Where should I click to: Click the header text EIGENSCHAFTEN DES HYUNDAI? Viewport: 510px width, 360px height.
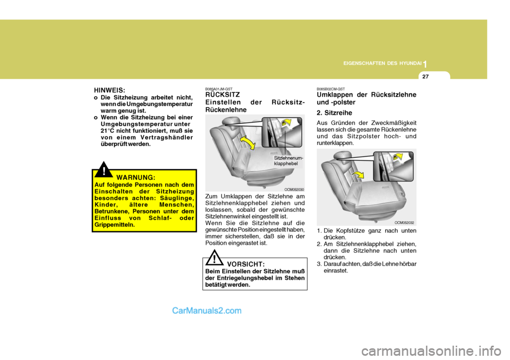pyautogui.click(x=382, y=63)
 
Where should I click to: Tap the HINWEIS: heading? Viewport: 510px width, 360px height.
pyautogui.click(x=110, y=90)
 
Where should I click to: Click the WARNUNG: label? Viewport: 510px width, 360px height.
pyautogui.click(x=136, y=177)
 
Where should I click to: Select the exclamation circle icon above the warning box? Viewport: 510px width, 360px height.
pyautogui.click(x=105, y=170)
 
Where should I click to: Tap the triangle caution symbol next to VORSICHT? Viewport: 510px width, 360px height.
pyautogui.click(x=215, y=259)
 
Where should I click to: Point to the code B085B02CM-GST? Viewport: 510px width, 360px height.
pyautogui.click(x=330, y=89)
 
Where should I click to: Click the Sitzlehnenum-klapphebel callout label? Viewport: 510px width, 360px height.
pyautogui.click(x=289, y=161)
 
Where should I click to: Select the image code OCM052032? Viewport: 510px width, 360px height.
pyautogui.click(x=404, y=222)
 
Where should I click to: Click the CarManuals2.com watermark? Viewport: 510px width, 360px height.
pyautogui.click(x=207, y=311)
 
